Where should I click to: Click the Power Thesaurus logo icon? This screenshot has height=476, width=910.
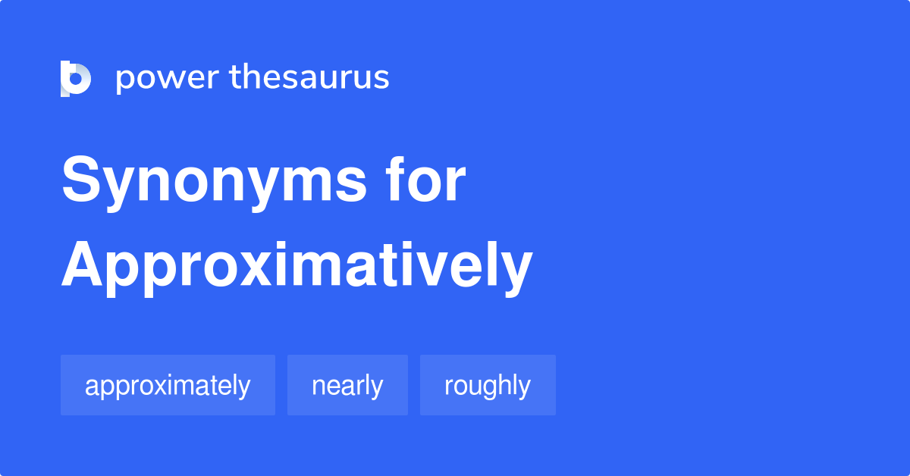[76, 78]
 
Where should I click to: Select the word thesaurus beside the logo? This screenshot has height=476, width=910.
[309, 78]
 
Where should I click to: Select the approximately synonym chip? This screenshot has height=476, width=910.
[168, 385]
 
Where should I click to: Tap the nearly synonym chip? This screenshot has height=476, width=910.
[347, 385]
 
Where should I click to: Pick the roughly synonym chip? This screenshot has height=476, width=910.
[488, 385]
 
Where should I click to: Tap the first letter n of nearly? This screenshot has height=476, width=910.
[318, 387]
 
